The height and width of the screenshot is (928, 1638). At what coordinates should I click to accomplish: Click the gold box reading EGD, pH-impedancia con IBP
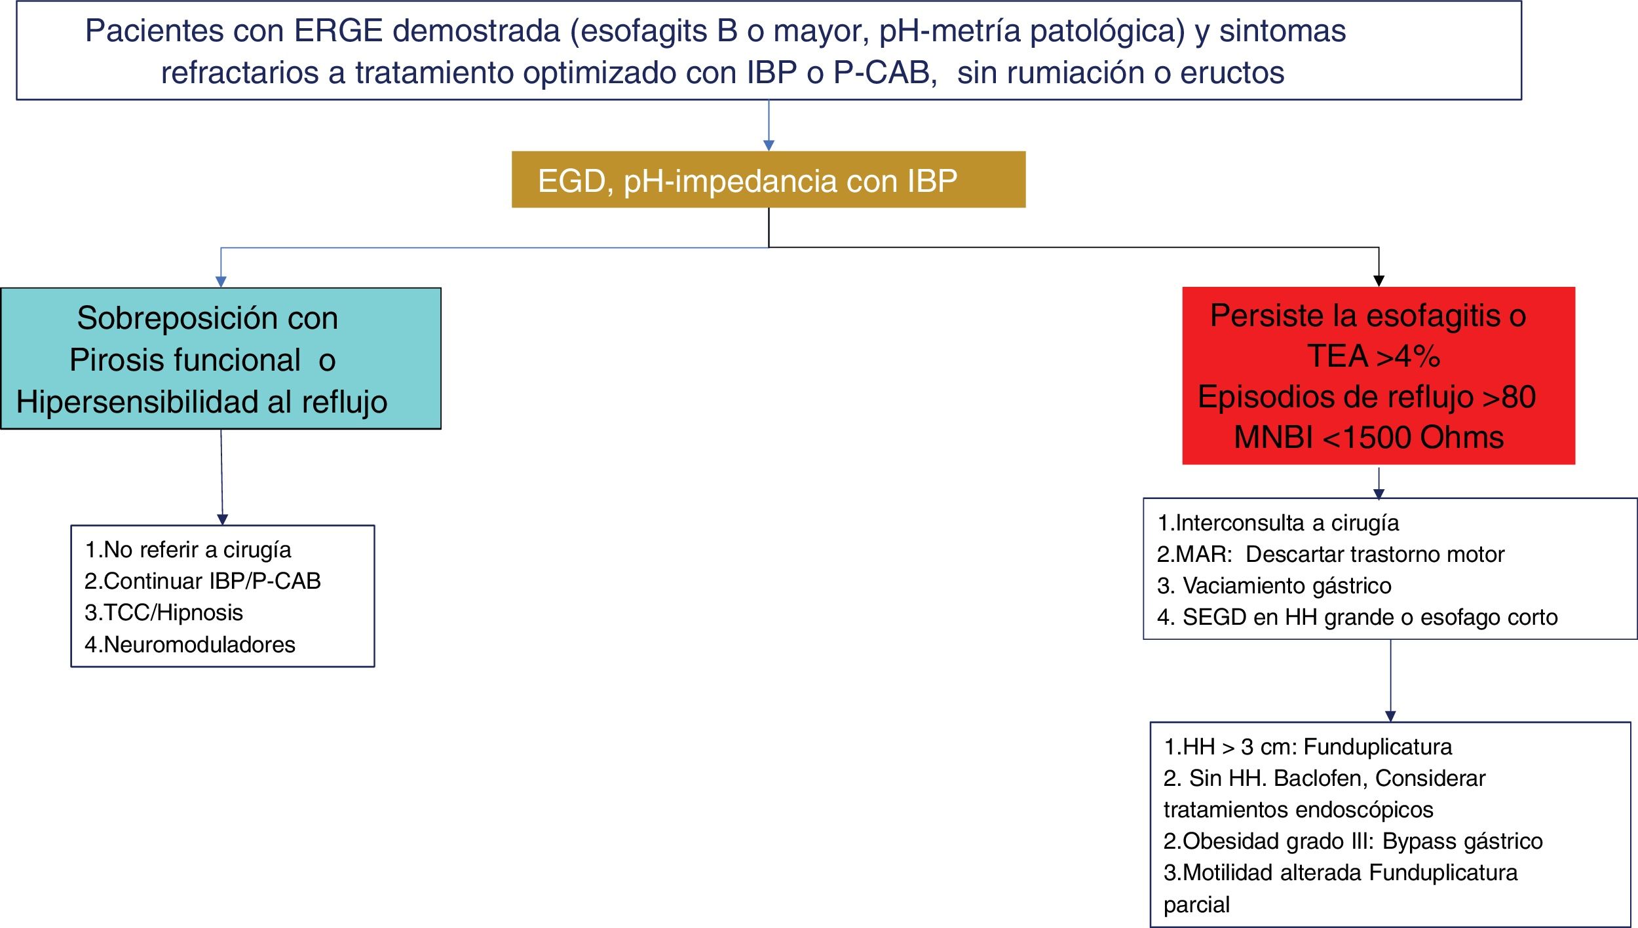769,179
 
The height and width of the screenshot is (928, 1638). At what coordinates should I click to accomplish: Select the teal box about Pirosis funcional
221,358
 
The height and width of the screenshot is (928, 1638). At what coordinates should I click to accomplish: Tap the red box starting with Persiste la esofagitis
1379,376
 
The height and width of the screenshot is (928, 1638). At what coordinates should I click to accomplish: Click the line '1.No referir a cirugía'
188,550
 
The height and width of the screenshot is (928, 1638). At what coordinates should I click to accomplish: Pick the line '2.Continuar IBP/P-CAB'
202,581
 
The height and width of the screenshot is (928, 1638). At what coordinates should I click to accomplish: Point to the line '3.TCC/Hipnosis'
164,613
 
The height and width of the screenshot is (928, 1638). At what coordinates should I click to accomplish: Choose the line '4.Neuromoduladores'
190,644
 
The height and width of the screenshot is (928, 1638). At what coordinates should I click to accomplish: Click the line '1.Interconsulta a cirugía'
1278,523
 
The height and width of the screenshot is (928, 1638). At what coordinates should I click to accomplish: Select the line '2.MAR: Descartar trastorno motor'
1331,554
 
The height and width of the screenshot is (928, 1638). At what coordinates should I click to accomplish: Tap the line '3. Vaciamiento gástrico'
1274,585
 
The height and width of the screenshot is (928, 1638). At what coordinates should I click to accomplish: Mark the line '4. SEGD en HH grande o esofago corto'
1358,617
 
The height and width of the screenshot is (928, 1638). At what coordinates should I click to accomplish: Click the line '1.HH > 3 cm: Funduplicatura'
1308,747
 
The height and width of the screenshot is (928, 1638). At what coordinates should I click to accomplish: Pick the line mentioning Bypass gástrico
1353,841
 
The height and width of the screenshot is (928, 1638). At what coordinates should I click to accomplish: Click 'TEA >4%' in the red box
1374,356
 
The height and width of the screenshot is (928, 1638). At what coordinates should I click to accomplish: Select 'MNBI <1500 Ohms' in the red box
1369,437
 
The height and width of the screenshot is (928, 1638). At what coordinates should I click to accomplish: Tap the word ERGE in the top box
338,31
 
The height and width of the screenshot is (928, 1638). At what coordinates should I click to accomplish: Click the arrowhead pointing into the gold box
769,145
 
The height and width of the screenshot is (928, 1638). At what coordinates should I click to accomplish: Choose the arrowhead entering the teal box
221,282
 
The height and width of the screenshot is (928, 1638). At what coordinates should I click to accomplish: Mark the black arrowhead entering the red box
1379,281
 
